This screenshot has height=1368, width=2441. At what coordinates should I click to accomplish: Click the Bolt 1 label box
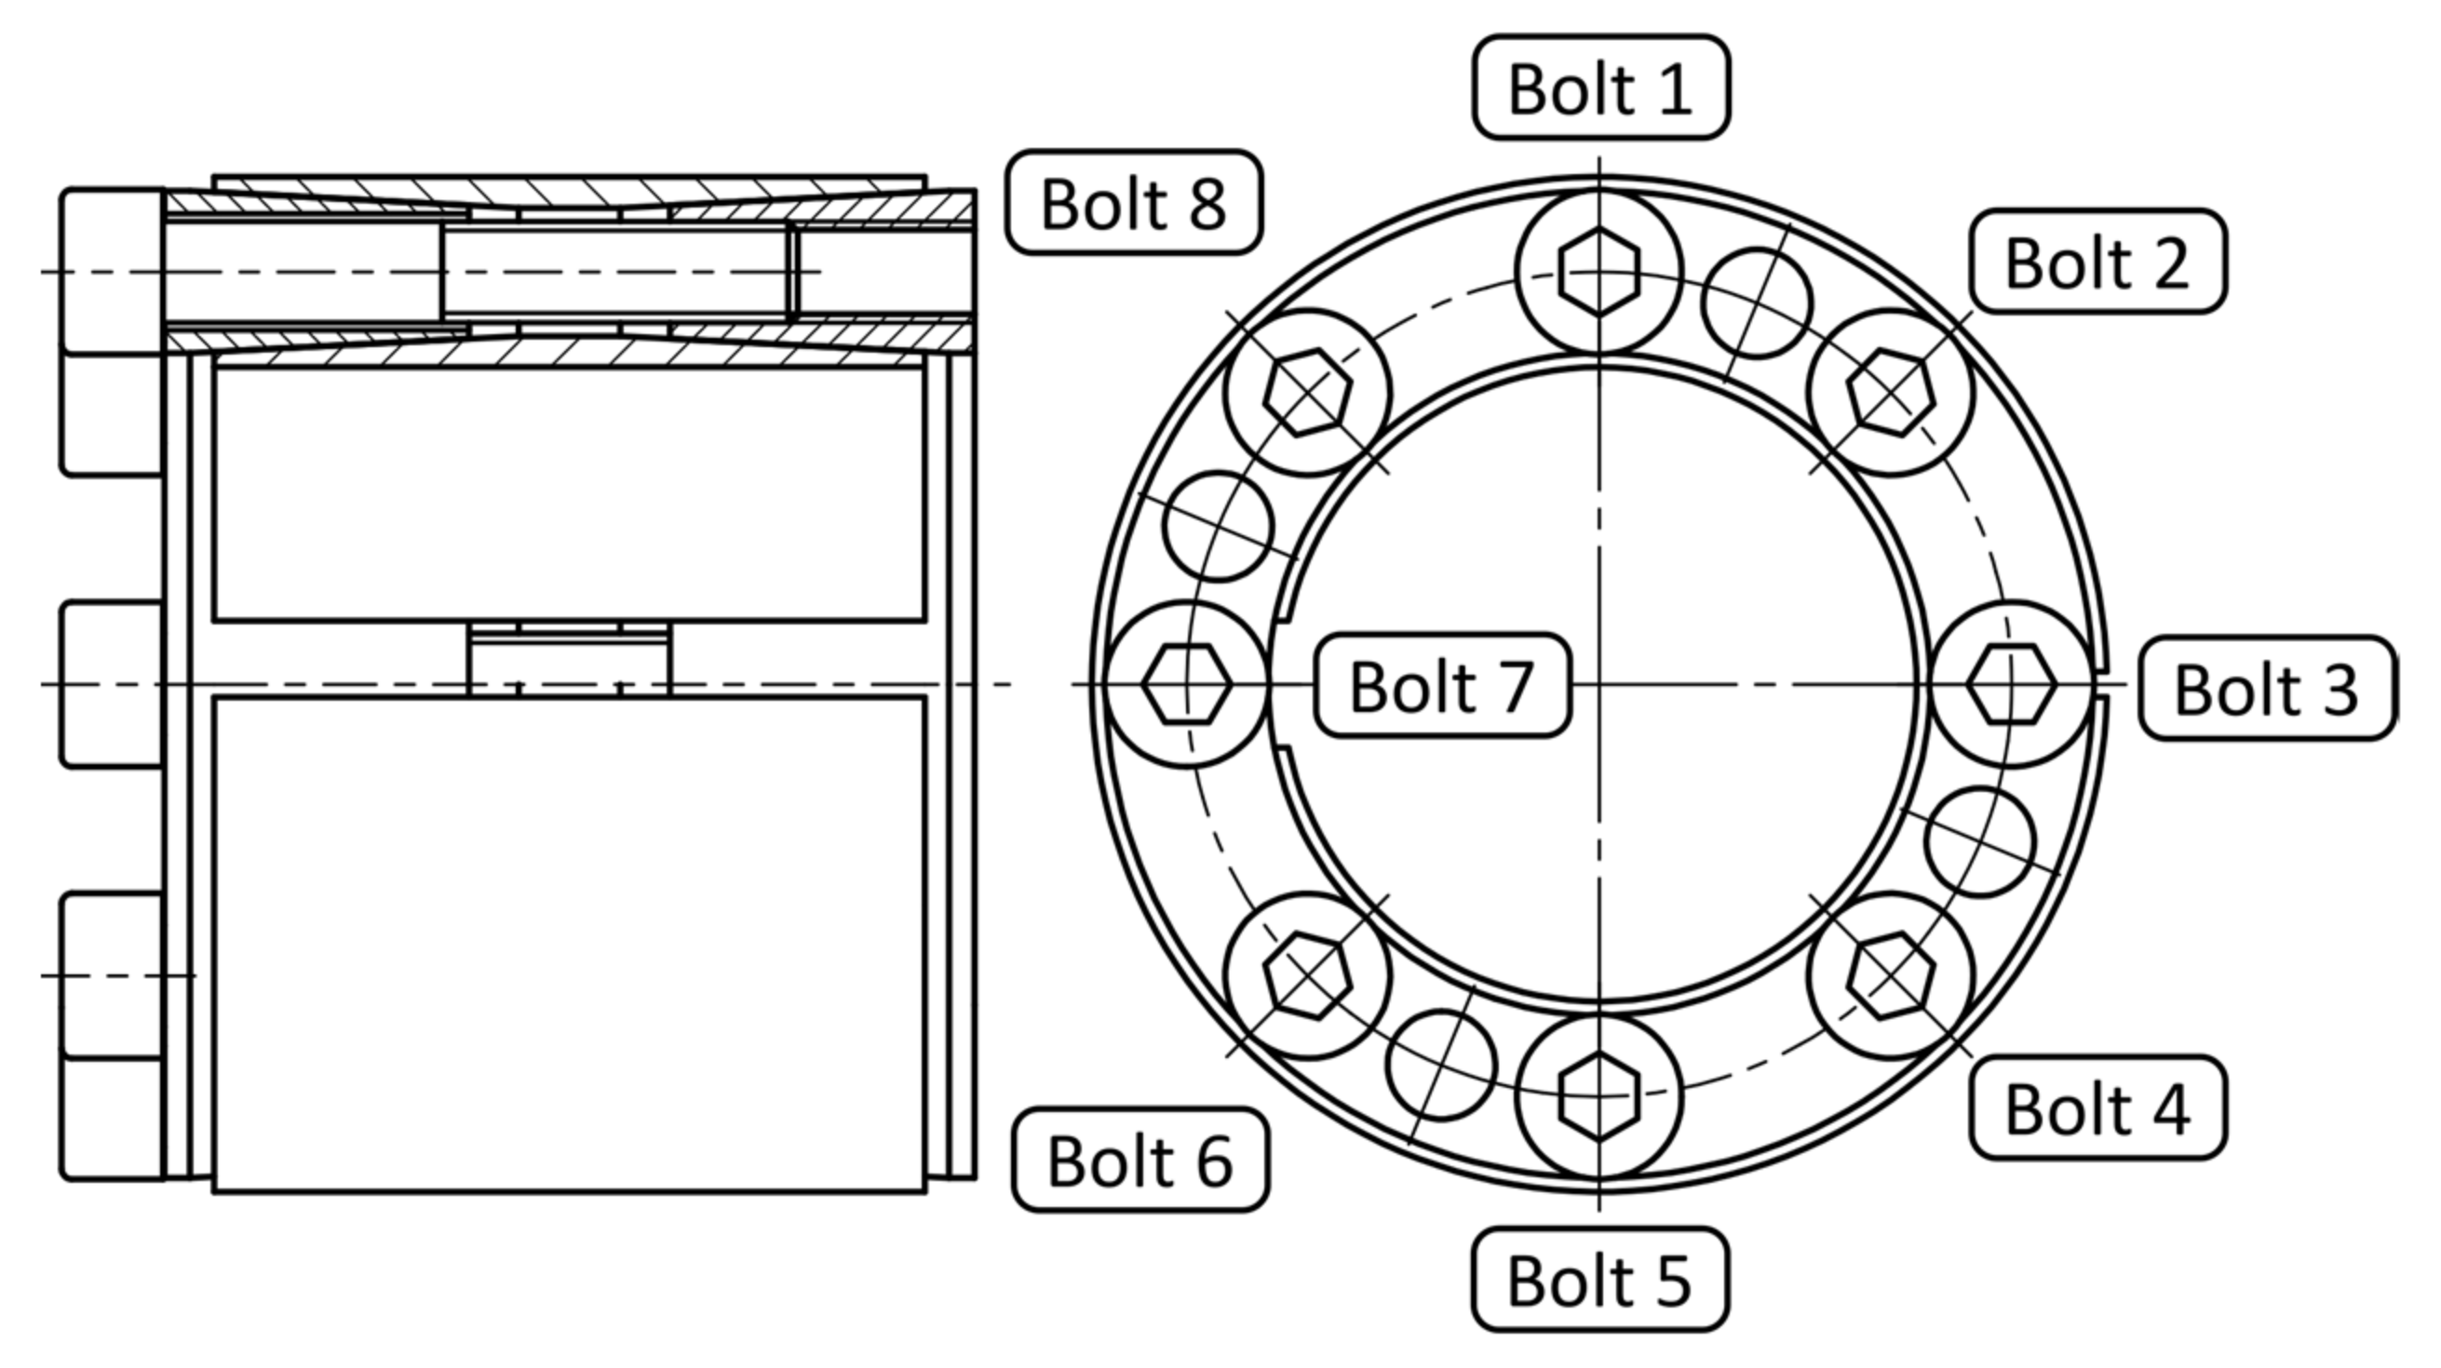click(1600, 88)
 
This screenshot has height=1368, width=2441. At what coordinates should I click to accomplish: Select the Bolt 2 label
click(2098, 262)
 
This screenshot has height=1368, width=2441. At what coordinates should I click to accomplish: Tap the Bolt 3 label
click(2267, 689)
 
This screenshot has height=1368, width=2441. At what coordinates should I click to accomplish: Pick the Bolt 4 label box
click(2098, 1107)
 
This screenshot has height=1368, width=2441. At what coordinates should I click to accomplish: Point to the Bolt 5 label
click(1599, 1280)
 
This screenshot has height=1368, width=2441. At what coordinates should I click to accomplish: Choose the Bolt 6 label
click(1140, 1160)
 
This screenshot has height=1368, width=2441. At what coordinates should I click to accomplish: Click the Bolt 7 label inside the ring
click(1441, 685)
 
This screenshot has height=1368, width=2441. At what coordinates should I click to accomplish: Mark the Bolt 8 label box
click(1133, 203)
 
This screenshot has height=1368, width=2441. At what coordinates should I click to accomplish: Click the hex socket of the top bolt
click(1599, 272)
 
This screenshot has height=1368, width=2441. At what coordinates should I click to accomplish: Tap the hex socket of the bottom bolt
click(1599, 1096)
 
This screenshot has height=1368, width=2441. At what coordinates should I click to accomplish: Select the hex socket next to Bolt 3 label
click(2011, 684)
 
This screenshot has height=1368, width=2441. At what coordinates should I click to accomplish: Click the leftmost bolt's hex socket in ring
click(1186, 684)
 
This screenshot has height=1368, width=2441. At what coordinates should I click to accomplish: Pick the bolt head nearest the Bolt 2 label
click(1891, 392)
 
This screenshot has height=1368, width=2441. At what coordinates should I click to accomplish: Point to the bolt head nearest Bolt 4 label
click(1891, 976)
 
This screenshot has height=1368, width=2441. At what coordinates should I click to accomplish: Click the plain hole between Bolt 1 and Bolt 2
click(1757, 303)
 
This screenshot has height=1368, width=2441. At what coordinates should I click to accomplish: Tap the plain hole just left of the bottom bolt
click(1441, 1065)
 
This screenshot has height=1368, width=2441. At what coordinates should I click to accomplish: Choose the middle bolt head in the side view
click(112, 684)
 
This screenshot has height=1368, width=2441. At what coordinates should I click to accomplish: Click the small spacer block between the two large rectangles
click(570, 661)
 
